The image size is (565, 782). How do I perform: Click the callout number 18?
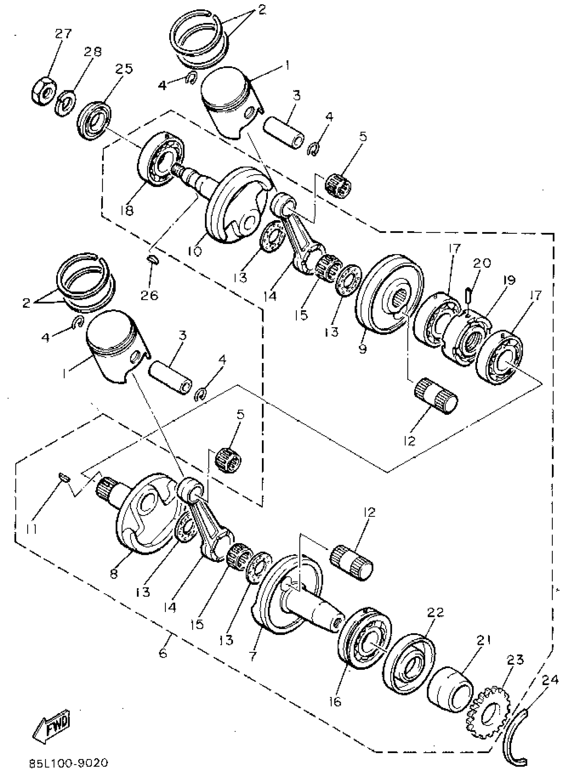(127, 210)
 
